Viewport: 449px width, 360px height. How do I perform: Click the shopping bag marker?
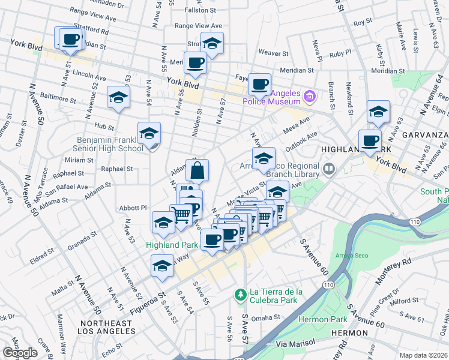click(x=197, y=171)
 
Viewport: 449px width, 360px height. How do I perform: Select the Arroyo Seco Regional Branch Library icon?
click(x=329, y=170)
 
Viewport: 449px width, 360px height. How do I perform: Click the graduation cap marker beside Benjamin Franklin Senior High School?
click(x=149, y=134)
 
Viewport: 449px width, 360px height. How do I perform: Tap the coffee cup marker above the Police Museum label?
click(x=259, y=85)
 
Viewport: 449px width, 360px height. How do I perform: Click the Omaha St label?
click(x=266, y=317)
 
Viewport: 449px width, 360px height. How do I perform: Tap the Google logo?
click(x=20, y=353)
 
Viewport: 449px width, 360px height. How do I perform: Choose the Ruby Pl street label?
click(x=340, y=53)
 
